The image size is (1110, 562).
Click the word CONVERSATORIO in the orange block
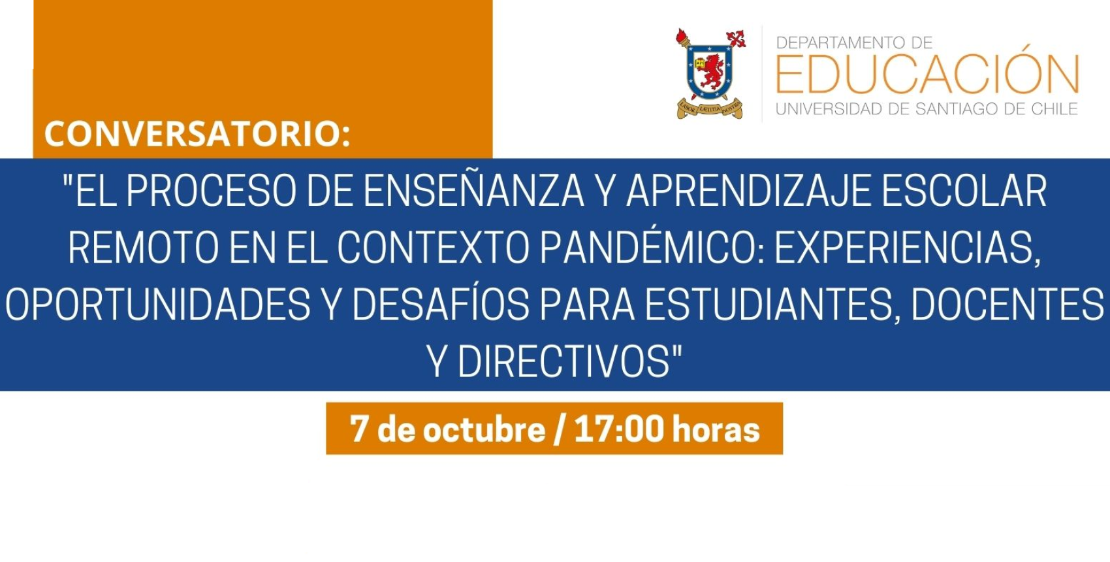coord(196,133)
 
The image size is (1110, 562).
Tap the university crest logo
coord(710,74)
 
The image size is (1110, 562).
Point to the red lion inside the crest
coord(712,71)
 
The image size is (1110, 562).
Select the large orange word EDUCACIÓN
coord(927,74)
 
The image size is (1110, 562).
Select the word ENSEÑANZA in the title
coord(474,191)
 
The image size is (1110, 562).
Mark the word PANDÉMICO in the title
coord(652,248)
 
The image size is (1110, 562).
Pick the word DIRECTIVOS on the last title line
coord(564,361)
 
